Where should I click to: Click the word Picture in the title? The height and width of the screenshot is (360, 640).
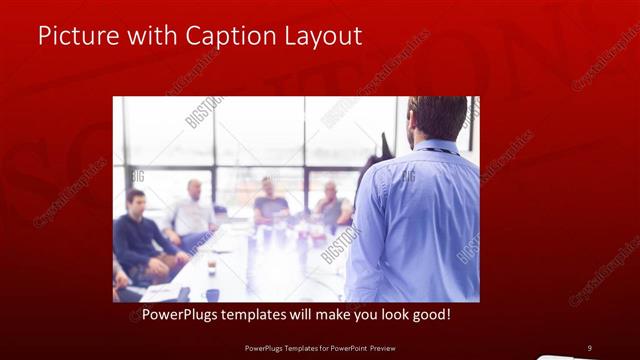tap(73, 36)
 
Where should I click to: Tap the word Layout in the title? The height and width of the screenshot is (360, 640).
tap(322, 36)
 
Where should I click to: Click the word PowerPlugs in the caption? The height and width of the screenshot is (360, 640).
tap(175, 314)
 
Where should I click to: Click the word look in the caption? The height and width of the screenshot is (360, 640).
tap(379, 314)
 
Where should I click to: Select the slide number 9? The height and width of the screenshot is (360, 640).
tap(589, 348)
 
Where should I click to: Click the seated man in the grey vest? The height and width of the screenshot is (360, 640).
tap(331, 205)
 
